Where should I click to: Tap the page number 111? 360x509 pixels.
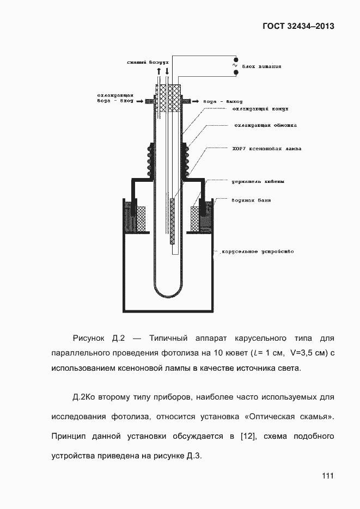[x=327, y=476]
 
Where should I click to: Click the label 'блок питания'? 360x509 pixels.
[x=263, y=68]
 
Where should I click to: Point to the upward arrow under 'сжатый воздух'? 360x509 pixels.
[x=158, y=71]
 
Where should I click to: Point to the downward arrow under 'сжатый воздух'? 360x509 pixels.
[x=167, y=71]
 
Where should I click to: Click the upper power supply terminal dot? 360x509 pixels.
[x=235, y=59]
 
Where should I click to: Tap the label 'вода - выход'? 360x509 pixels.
[x=222, y=101]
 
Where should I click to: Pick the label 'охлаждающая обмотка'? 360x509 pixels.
[x=265, y=126]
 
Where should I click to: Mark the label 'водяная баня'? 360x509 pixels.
[x=251, y=200]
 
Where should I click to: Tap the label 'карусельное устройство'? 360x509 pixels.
[x=257, y=252]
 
